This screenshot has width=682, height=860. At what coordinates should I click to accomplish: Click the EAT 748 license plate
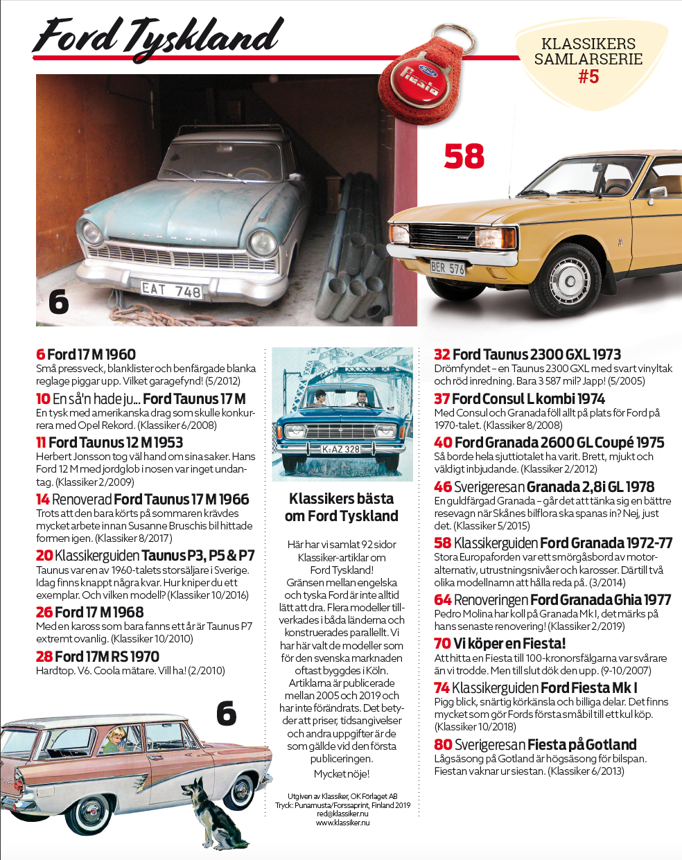171,290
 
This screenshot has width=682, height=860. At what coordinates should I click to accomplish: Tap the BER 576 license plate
447,267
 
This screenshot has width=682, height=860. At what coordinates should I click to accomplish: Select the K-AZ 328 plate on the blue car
341,449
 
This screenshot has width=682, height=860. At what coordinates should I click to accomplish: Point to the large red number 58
464,157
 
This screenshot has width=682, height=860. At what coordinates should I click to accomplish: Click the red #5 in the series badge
588,76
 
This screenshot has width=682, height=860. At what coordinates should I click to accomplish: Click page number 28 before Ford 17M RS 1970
44,656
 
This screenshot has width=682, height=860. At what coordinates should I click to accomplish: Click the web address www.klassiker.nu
342,823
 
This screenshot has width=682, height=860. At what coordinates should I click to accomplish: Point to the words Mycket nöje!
342,773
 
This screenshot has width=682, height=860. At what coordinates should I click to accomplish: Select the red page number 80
443,744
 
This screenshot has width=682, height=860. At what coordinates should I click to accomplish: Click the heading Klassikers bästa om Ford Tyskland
341,507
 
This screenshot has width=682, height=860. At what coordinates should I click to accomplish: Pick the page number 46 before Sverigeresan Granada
443,486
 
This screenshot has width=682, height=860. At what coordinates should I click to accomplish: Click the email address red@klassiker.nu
342,814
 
